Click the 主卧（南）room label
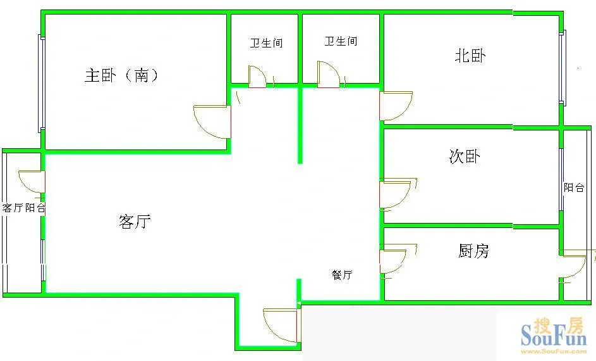tap(121, 75)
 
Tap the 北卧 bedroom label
tap(470, 56)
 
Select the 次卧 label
tap(465, 156)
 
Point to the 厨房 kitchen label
tap(473, 251)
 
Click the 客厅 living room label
tap(135, 222)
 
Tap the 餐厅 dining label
tap(342, 275)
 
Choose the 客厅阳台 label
tap(23, 208)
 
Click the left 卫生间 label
tap(266, 43)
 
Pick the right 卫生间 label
tap(341, 41)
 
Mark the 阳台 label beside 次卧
tap(574, 187)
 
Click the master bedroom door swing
tap(212, 122)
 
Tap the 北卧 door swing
tap(396, 106)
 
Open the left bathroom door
tap(258, 77)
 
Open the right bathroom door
tap(329, 74)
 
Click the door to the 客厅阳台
tap(32, 182)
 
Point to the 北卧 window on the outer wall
tap(562, 67)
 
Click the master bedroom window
tap(42, 84)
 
